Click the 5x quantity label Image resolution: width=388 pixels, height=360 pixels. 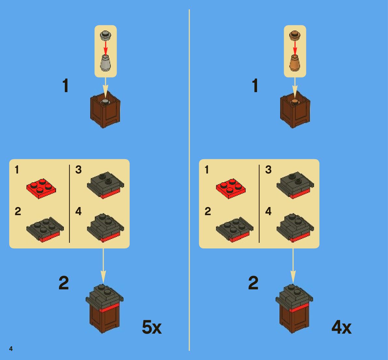151,327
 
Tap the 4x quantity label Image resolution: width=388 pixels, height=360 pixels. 341,327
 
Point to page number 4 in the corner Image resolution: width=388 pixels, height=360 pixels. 11,349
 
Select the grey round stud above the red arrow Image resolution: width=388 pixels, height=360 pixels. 106,35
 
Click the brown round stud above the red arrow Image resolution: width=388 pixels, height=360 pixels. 295,35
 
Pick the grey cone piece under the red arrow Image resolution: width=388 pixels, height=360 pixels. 106,63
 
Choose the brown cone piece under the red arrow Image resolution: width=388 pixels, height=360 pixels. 295,63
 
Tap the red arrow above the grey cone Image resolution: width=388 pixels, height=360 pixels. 106,47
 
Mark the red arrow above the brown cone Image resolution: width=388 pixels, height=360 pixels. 295,47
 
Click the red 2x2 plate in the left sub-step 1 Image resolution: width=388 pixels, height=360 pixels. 41,188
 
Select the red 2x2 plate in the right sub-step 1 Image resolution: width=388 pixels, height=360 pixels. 231,188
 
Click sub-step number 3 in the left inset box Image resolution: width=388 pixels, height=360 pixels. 79,170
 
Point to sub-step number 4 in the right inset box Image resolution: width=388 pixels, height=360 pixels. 268,211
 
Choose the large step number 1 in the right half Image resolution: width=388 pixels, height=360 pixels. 255,86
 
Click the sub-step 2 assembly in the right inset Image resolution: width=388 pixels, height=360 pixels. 235,229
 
